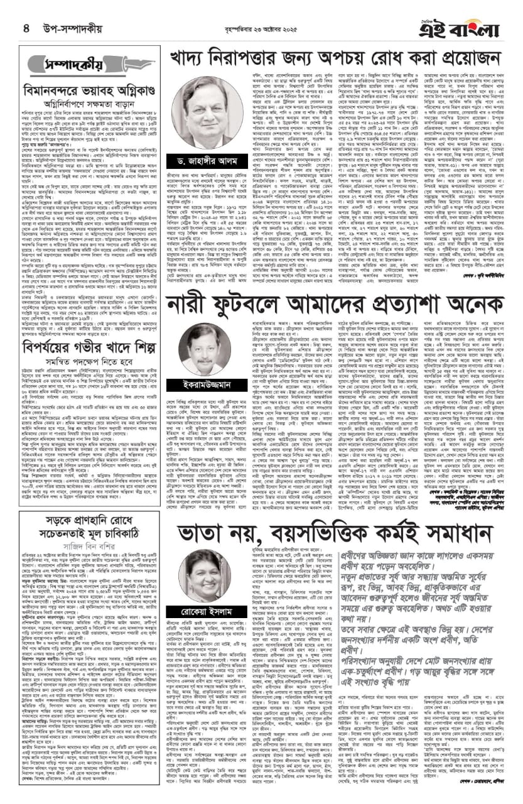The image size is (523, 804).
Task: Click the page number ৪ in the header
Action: [27, 28]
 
